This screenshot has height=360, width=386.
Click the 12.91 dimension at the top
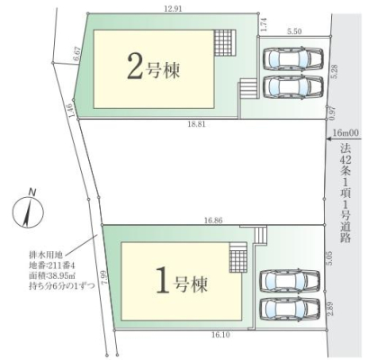[173, 9]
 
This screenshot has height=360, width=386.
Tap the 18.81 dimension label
[196, 124]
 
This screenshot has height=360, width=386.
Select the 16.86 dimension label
[213, 220]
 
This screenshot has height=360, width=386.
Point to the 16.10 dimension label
[220, 335]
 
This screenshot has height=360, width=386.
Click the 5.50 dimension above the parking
[294, 31]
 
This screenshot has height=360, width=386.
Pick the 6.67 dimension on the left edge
[77, 54]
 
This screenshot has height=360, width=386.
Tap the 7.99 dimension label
[105, 278]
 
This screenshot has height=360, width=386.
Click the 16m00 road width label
[346, 133]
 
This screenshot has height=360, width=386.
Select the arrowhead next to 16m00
[329, 139]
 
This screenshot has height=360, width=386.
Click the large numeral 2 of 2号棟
[135, 67]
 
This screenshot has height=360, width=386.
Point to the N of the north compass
[31, 193]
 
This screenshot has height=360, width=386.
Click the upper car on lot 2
[293, 58]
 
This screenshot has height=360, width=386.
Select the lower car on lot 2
[293, 87]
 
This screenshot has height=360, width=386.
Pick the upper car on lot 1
[290, 281]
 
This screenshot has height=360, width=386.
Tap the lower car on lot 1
[290, 309]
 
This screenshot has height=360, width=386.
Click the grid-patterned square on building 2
[225, 42]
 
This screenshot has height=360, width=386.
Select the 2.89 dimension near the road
[329, 310]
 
